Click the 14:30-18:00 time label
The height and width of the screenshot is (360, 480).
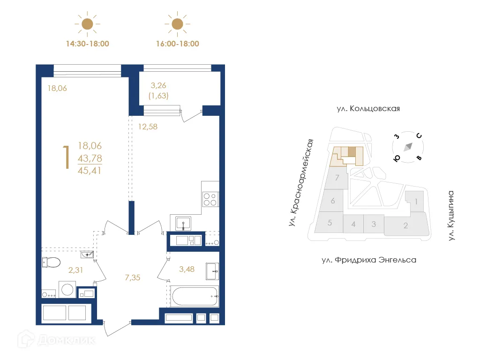88,44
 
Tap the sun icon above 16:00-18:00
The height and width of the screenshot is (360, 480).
177,23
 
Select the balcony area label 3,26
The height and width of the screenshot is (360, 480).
158,85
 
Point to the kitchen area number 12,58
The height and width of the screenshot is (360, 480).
148,126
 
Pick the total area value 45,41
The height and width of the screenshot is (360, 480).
90,170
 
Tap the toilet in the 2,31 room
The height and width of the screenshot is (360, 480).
50,262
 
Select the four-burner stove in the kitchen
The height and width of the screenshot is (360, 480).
210,200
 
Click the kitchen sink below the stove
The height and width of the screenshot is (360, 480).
183,222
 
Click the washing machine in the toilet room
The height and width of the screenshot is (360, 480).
67,289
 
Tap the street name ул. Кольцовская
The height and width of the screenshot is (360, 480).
368,109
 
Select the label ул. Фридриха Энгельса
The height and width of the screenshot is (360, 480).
369,259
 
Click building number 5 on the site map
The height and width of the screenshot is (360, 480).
330,223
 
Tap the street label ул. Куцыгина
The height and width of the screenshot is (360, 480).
451,216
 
